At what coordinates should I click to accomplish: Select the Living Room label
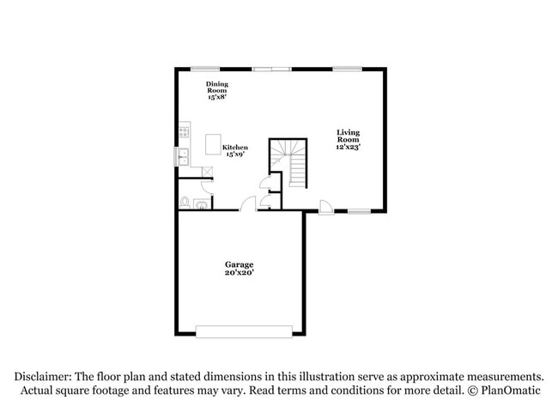click(x=347, y=136)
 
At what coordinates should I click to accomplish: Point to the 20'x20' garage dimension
click(x=240, y=273)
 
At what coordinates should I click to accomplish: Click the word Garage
click(x=240, y=264)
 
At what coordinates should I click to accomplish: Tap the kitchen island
click(x=213, y=144)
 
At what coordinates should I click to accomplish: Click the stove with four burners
click(x=184, y=132)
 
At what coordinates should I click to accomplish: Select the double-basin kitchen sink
click(x=183, y=156)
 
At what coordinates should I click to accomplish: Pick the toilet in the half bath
click(x=185, y=203)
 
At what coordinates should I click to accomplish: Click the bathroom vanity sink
click(x=200, y=203)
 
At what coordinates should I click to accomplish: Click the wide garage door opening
click(x=245, y=331)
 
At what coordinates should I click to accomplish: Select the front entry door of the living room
click(x=324, y=207)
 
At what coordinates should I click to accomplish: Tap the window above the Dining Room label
click(x=203, y=69)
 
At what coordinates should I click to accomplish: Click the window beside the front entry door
click(x=359, y=211)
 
